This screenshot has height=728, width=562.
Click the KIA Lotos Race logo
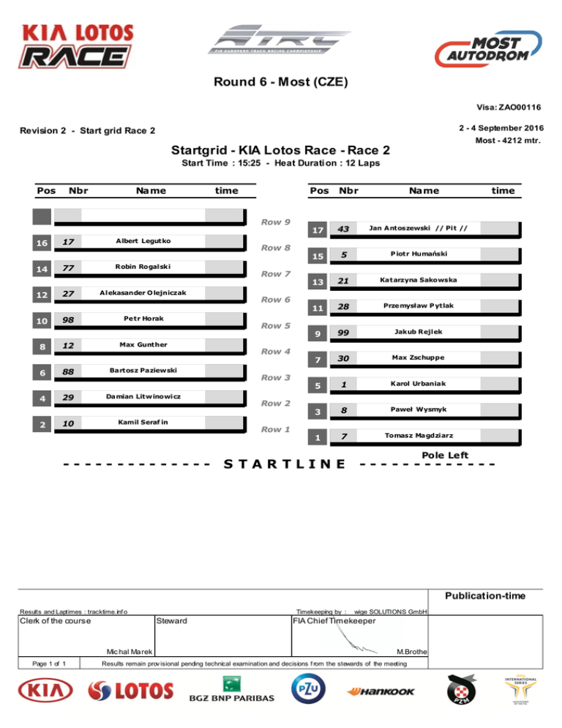point(78,45)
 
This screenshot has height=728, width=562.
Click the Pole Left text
point(445,455)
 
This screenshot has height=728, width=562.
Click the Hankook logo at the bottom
point(381,691)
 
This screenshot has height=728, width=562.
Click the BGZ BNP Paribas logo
point(232,691)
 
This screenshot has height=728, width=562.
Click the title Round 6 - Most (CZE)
point(280,81)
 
